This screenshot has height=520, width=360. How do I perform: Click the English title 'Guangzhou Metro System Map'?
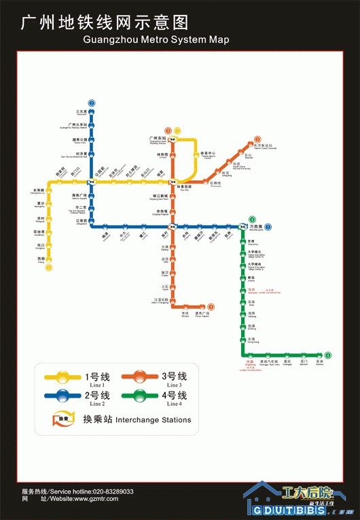pyautogui.click(x=156, y=39)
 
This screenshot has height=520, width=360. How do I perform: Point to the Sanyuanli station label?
pyautogui.click(x=82, y=112)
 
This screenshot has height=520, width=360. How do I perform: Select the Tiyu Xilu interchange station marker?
pyautogui.click(x=175, y=181)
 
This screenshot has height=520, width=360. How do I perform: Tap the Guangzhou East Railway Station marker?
pyautogui.click(x=173, y=140)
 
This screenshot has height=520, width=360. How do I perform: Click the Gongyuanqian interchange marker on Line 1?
pyautogui.click(x=92, y=181)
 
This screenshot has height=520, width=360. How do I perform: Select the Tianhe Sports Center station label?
pyautogui.click(x=207, y=155)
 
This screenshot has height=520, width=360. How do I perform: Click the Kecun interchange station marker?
pyautogui.click(x=174, y=226)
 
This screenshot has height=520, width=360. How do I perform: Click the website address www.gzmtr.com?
pyautogui.click(x=90, y=499)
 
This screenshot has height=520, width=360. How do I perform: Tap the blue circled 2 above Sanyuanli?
pyautogui.click(x=92, y=103)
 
